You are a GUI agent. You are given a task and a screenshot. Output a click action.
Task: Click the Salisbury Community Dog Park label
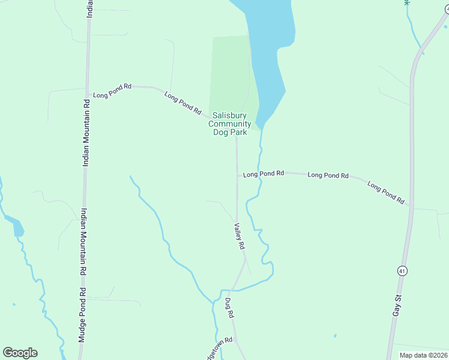coord(229,124)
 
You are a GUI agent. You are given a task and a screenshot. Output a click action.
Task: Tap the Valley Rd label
coord(240,236)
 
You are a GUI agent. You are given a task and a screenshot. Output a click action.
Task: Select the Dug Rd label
coord(229,308)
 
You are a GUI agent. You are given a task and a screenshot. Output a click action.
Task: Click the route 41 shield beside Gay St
coord(402,271)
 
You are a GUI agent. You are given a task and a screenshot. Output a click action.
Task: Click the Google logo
coord(20,353)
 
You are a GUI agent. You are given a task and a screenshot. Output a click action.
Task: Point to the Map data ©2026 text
coord(423,355)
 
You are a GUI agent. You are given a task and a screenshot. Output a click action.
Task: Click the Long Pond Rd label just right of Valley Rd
coord(264,174)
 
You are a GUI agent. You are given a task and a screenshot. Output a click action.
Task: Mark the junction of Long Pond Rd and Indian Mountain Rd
coord(88,95)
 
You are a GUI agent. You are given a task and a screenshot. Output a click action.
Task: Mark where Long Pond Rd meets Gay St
coord(411,206)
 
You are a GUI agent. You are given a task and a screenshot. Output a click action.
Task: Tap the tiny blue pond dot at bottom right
coord(335,335)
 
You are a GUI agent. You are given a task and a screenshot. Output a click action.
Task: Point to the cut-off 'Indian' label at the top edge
coord(89,8)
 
